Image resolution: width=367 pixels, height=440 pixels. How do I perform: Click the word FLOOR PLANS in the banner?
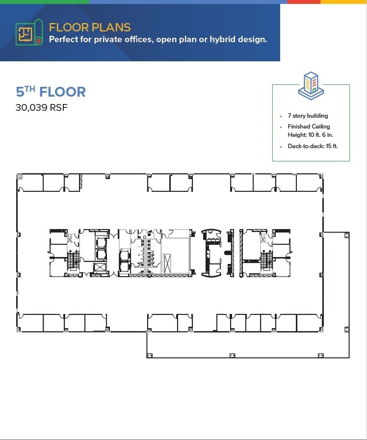coord(90,27)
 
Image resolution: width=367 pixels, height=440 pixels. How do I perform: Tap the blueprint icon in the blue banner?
coord(28,34)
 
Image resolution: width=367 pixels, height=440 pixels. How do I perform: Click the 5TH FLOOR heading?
coord(51,92)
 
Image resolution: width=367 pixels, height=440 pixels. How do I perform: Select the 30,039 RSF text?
coord(41,107)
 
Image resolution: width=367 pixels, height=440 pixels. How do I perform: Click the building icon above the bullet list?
coord(311,86)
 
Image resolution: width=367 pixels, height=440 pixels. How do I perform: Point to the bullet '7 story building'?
coord(308,116)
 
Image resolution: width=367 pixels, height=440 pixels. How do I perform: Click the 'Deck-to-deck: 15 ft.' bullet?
coord(313,146)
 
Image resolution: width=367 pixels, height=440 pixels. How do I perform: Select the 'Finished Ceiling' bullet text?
coord(309,127)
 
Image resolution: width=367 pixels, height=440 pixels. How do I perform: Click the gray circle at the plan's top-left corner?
coord(19,176)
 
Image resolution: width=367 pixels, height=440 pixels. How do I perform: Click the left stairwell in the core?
coord(74,259)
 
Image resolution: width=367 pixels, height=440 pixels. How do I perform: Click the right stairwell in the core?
coord(266,259)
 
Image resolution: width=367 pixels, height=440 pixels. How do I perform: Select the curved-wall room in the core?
coord(212,252)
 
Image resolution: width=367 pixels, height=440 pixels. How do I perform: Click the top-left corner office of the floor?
coord(30,183)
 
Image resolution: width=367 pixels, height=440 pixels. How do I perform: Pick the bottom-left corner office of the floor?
coord(30,323)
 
